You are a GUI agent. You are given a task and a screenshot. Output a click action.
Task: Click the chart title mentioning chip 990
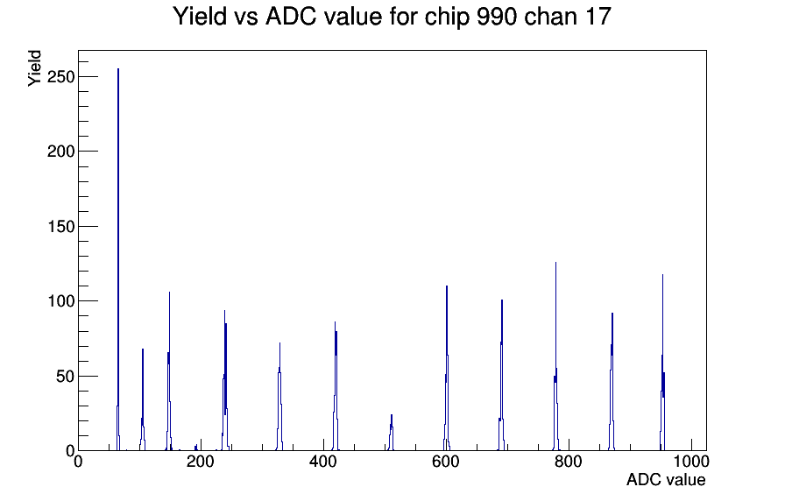pyautogui.click(x=392, y=17)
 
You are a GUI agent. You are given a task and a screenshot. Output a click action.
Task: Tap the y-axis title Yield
pyautogui.click(x=34, y=68)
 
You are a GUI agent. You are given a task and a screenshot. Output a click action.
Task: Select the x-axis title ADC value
pyautogui.click(x=666, y=479)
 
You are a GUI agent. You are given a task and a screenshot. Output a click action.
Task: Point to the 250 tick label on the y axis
pyautogui.click(x=60, y=76)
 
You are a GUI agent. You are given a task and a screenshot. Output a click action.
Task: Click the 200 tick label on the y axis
pyautogui.click(x=60, y=152)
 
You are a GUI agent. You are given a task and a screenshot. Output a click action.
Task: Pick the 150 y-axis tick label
pyautogui.click(x=60, y=226)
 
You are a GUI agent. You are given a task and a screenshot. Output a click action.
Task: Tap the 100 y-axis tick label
pyautogui.click(x=60, y=301)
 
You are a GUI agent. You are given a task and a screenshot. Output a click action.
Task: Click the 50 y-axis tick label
pyautogui.click(x=65, y=377)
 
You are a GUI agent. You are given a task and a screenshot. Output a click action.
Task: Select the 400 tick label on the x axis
pyautogui.click(x=323, y=462)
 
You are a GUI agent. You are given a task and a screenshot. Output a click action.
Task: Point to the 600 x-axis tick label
pyautogui.click(x=446, y=462)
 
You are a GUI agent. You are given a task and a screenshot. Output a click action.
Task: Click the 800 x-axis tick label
pyautogui.click(x=569, y=462)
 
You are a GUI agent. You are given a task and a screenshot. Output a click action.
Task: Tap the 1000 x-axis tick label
pyautogui.click(x=690, y=462)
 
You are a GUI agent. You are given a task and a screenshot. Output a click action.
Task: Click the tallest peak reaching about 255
pyautogui.click(x=118, y=260)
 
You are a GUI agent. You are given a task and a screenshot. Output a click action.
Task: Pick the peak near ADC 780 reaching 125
pyautogui.click(x=555, y=356)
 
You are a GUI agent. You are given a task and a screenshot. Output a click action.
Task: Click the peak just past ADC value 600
pyautogui.click(x=447, y=369)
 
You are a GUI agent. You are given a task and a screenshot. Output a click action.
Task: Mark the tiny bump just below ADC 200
pyautogui.click(x=195, y=447)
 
